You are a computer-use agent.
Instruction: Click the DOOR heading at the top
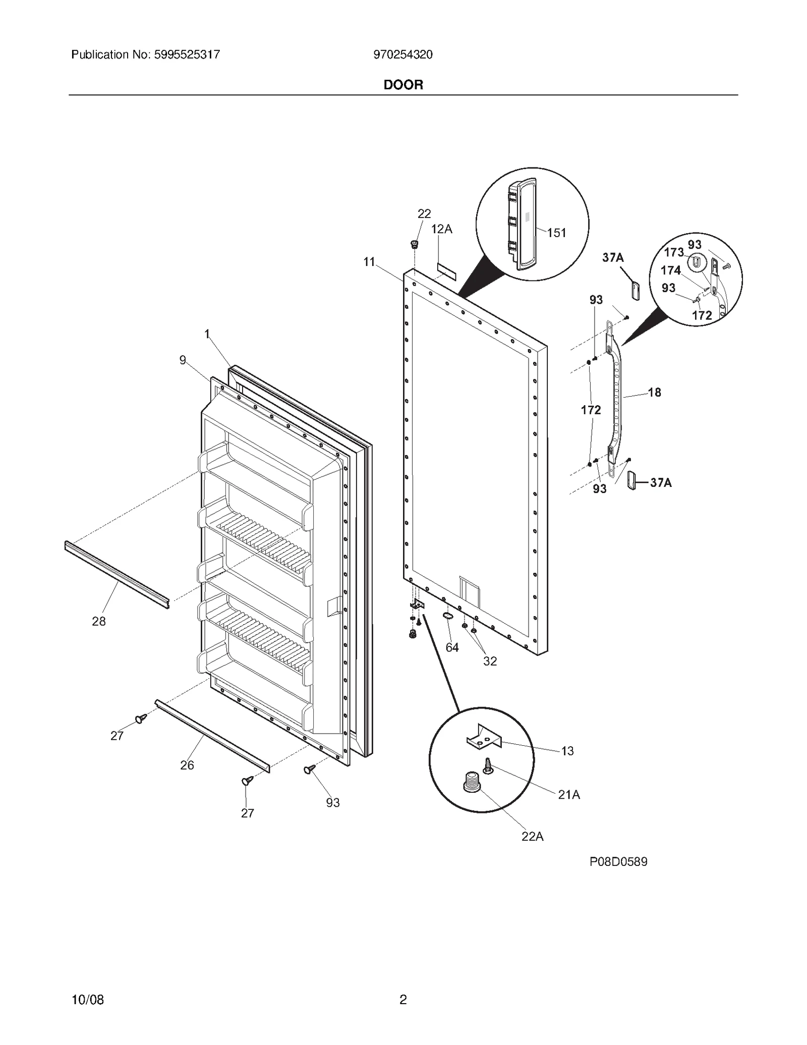click(x=403, y=85)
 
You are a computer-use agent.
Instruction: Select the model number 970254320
click(x=402, y=54)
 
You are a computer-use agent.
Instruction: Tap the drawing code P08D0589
click(x=618, y=862)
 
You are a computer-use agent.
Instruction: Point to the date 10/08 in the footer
click(x=88, y=1000)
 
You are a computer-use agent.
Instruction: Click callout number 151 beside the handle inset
click(x=556, y=233)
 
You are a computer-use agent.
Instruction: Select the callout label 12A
click(x=441, y=230)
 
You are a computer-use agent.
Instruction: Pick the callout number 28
click(x=99, y=622)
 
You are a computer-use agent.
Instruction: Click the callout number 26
click(x=187, y=765)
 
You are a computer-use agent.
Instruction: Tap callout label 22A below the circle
click(x=532, y=837)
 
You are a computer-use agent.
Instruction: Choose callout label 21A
click(x=568, y=795)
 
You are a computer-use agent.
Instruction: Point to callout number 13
click(x=567, y=751)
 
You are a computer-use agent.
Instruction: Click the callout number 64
click(x=452, y=647)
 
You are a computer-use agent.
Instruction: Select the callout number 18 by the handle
click(x=654, y=393)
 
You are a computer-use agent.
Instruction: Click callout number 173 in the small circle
click(x=673, y=252)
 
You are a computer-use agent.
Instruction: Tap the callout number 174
click(x=670, y=270)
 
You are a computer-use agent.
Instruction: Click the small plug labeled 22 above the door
click(x=414, y=245)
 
